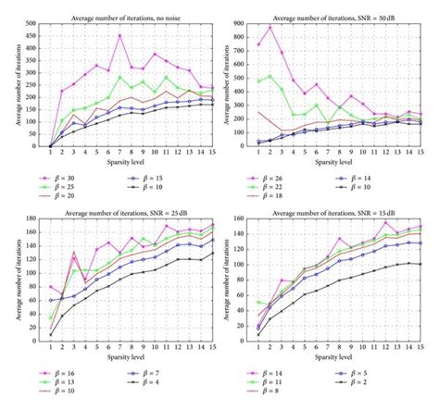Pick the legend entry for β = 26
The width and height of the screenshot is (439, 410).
286,173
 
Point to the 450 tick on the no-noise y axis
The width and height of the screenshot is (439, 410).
32,35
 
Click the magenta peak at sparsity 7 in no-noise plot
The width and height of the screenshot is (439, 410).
119,36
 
